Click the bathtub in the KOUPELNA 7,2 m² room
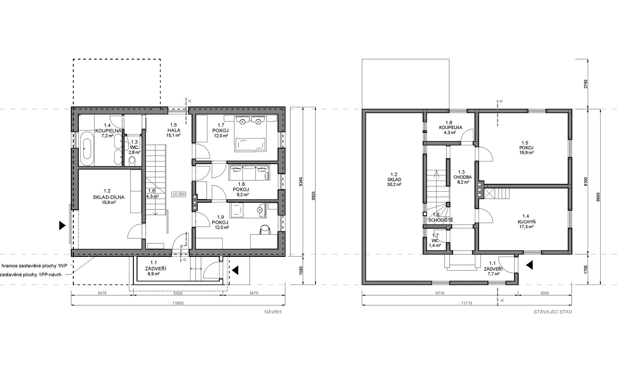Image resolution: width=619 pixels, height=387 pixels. tap(87, 149)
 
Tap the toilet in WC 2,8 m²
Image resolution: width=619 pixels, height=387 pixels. tap(132, 160)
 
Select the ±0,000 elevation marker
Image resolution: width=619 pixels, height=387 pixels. tap(179, 194)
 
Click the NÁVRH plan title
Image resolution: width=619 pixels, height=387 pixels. tap(273, 312)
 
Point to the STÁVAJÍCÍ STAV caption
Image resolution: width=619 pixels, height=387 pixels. tap(553, 312)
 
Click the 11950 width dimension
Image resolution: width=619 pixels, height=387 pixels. tap(178, 303)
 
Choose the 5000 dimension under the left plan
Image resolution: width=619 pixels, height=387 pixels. tap(178, 293)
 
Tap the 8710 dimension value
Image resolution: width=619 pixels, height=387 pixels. tap(440, 293)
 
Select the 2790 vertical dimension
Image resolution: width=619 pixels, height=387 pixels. tap(585, 84)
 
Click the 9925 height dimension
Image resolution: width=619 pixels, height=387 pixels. tap(313, 196)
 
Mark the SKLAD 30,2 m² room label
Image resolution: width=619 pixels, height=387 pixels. tap(394, 179)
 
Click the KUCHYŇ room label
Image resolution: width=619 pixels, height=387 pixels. tap(526, 222)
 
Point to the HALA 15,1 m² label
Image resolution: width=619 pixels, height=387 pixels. tap(174, 130)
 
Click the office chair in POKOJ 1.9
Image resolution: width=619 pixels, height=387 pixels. tap(265, 230)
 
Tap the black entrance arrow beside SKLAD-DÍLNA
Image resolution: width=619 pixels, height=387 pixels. tap(62, 226)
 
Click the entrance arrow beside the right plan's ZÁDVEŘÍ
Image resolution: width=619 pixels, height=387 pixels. tap(529, 265)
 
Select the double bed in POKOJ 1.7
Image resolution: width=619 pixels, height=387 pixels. tap(251, 134)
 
